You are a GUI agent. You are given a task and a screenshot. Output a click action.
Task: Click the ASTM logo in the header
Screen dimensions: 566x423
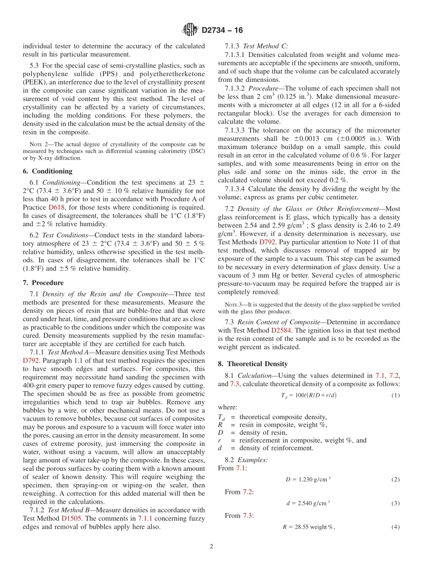pos(190,30)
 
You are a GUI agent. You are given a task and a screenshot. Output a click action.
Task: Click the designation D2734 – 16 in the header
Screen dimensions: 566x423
pos(222,31)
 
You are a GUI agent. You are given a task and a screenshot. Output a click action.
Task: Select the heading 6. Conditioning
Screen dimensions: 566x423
pos(48,171)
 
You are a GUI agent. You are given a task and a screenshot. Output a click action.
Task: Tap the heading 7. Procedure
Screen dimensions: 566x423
pos(43,283)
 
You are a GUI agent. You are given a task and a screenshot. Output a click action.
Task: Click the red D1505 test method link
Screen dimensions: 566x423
pos(71,518)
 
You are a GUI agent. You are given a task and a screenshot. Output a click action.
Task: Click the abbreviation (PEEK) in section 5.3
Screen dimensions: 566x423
pos(35,82)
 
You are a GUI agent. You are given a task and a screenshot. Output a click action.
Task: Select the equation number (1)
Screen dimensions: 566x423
pos(395,395)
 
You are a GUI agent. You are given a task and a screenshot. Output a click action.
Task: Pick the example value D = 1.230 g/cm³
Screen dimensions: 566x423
pos(308,479)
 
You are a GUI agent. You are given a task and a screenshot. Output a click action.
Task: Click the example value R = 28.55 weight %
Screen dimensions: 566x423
pos(308,527)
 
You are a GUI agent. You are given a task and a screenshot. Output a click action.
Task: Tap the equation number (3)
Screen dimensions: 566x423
pos(395,503)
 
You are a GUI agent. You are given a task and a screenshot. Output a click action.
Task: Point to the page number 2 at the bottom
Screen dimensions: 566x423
pos(211,547)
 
